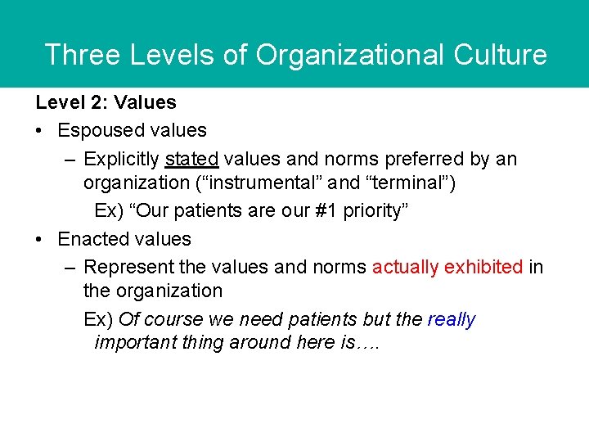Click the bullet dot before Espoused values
(39, 131)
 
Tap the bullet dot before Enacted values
(39, 240)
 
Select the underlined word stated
(191, 158)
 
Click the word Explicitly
(121, 158)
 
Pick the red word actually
(407, 267)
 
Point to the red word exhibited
(485, 267)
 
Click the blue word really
(452, 319)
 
